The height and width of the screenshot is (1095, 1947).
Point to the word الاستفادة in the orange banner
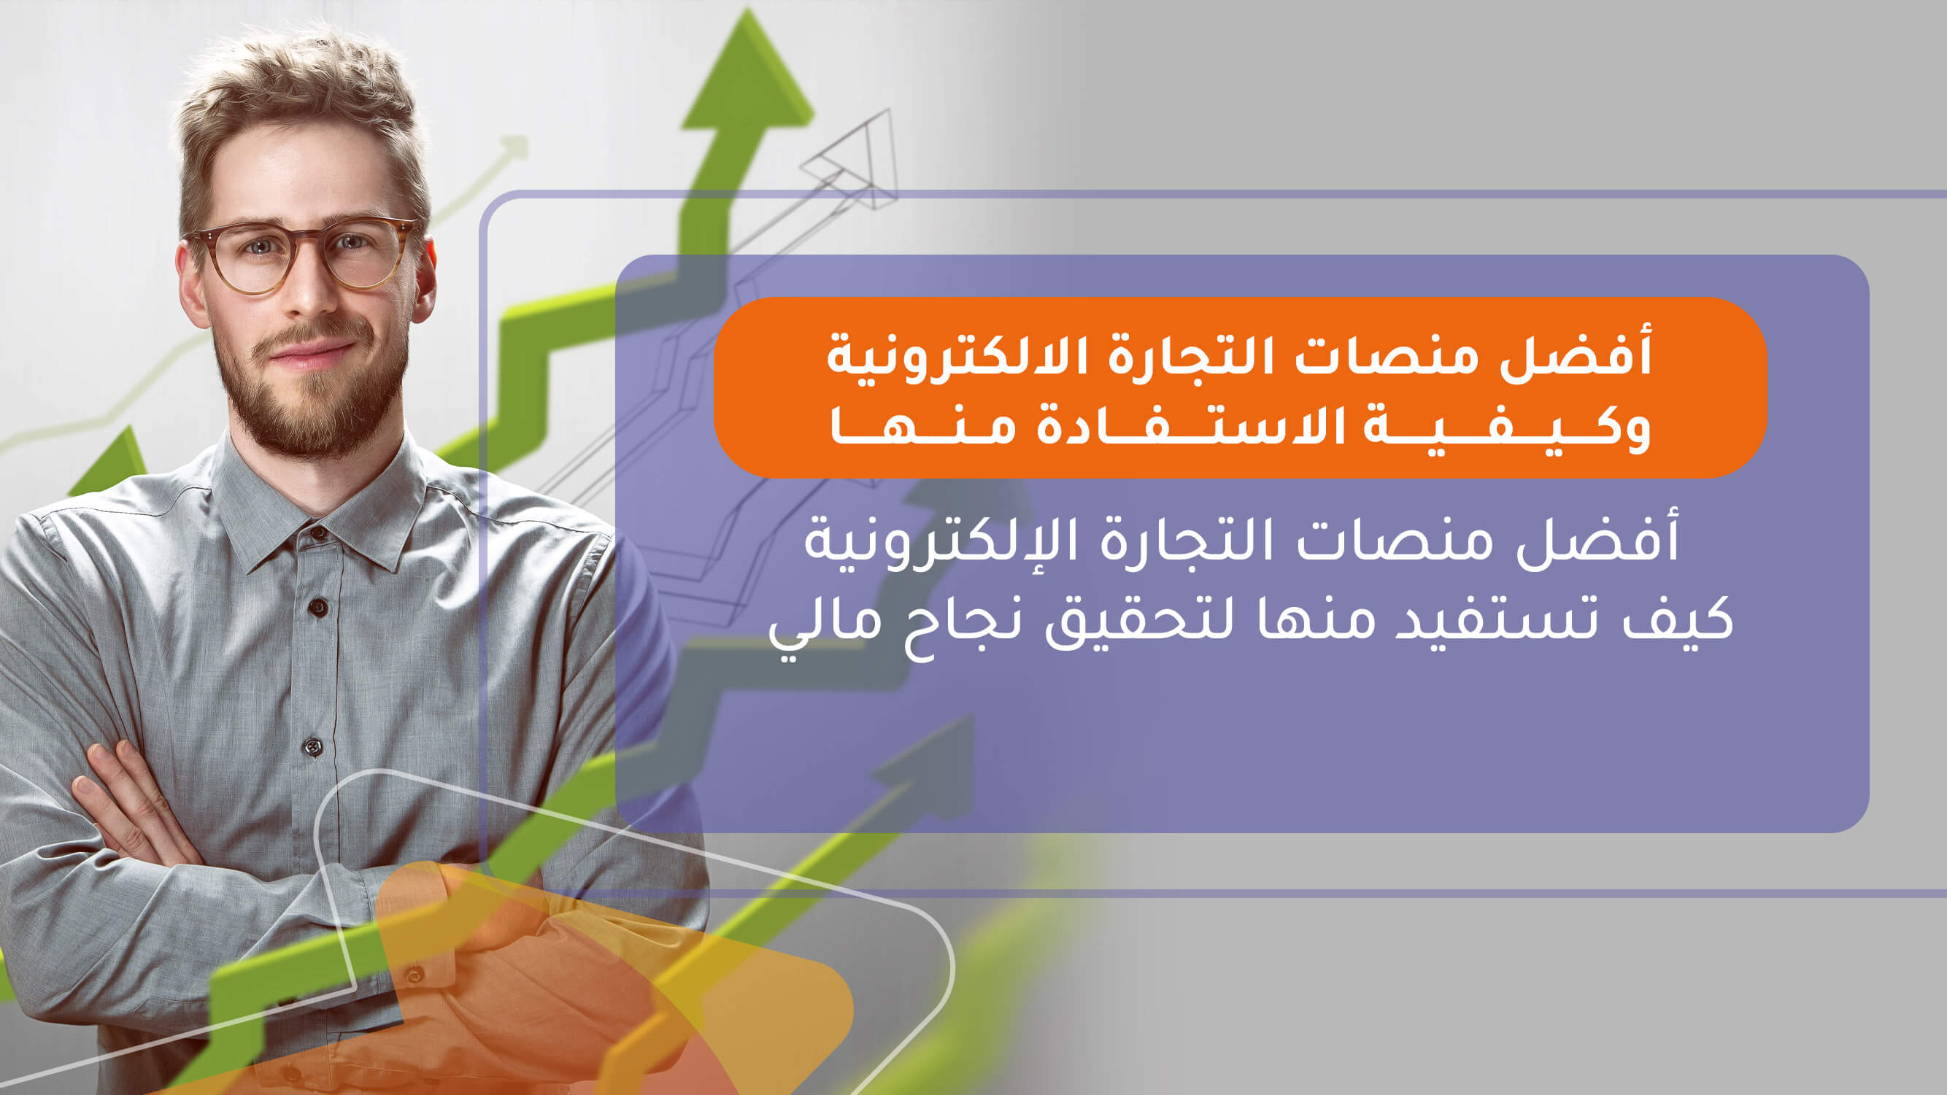pyautogui.click(x=1190, y=427)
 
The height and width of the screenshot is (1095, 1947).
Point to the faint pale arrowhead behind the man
pyautogui.click(x=515, y=147)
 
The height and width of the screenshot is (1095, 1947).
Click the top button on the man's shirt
pyautogui.click(x=318, y=533)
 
